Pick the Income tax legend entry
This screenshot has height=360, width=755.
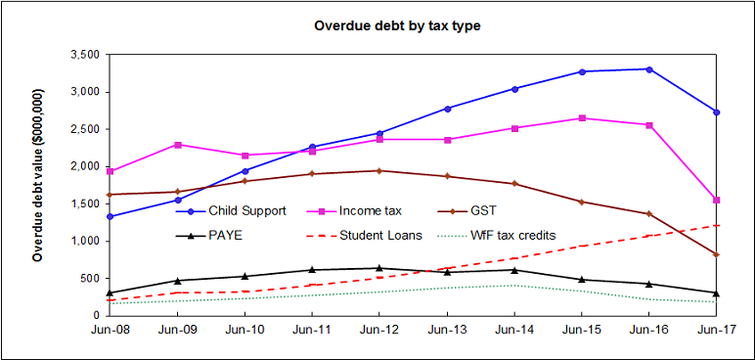[374, 210]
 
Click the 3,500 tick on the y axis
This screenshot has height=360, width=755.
[86, 55]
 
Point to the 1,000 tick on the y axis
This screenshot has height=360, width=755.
[86, 241]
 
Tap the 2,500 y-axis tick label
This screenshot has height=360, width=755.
[86, 129]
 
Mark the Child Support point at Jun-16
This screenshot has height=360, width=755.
[649, 69]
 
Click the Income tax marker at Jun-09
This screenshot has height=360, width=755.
[178, 145]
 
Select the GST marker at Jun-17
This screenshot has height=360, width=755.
[717, 254]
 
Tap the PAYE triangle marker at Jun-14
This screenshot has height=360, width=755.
[514, 270]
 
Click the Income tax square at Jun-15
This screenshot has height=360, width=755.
[582, 118]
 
